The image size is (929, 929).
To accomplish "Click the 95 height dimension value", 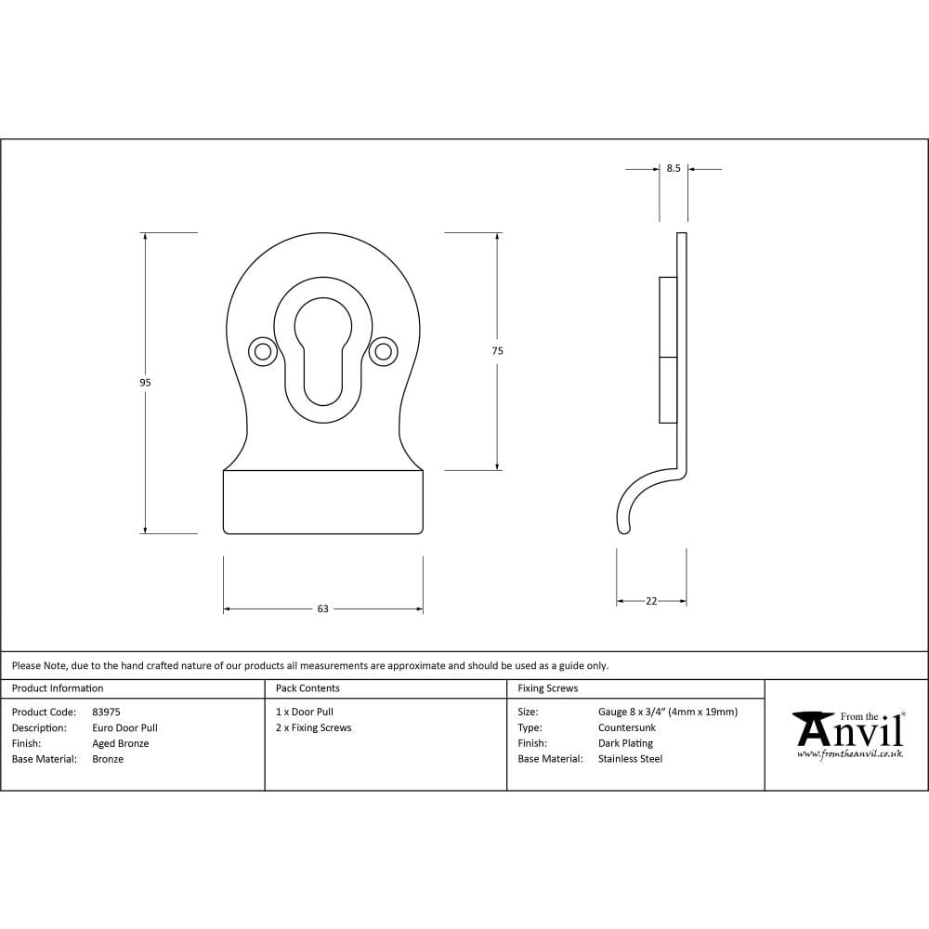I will click(x=145, y=383).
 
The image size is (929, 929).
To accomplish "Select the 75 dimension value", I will click(x=498, y=351).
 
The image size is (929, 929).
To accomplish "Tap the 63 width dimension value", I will click(x=322, y=609).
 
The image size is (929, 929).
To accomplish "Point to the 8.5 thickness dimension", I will click(x=674, y=169).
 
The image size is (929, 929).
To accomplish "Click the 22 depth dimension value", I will click(x=651, y=601).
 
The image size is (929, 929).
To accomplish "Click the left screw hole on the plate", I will click(x=262, y=351).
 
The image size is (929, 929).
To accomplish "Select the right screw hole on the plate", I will click(x=382, y=351).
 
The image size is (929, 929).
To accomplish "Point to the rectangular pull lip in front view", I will click(x=322, y=502).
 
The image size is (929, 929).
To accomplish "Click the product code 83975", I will click(x=106, y=712).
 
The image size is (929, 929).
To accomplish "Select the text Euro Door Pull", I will click(x=124, y=727).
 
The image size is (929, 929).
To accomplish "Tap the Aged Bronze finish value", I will click(x=120, y=743).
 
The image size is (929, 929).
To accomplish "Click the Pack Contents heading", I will click(x=307, y=688).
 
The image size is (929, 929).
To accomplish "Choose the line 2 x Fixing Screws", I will click(x=314, y=727).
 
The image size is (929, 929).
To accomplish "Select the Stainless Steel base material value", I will click(x=630, y=759).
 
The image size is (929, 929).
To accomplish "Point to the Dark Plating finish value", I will click(x=625, y=743).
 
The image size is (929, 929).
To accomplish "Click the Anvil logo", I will click(x=849, y=734).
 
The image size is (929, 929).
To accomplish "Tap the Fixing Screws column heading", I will click(x=547, y=688).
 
